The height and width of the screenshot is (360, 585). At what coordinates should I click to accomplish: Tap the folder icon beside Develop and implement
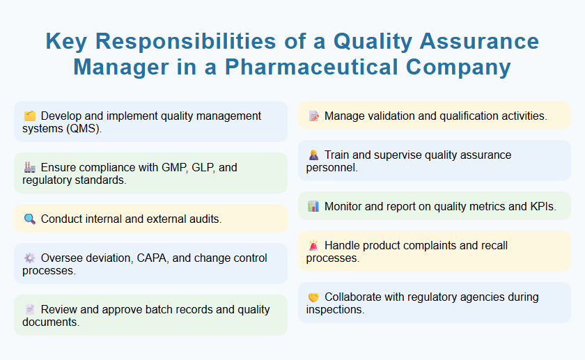point(29,116)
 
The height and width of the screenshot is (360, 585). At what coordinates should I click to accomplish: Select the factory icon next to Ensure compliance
point(29,168)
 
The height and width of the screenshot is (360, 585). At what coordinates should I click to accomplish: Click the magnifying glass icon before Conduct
point(29,219)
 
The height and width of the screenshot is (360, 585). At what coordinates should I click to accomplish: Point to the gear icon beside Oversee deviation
point(29,258)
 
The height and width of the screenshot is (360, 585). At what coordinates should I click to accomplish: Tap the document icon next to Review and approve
point(29,310)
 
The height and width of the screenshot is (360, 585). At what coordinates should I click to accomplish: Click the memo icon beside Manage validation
point(313,116)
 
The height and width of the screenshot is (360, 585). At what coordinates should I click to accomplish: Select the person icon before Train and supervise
point(313,155)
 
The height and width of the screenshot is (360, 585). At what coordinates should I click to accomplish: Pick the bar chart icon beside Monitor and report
point(313,207)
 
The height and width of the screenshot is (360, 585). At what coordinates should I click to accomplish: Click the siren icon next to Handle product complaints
point(313,246)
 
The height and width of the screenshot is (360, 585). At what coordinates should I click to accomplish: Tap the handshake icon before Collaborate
point(313,297)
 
